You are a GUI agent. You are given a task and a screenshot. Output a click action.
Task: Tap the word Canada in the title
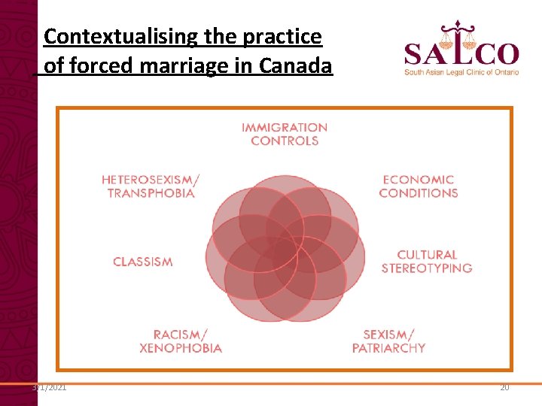295,66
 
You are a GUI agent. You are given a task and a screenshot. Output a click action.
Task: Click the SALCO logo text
461,54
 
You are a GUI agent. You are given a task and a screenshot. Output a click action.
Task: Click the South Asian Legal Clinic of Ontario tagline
461,72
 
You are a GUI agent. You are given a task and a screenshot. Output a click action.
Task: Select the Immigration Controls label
285,134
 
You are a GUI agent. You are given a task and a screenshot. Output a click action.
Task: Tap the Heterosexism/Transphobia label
151,186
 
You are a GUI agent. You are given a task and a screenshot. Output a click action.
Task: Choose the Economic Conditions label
419,186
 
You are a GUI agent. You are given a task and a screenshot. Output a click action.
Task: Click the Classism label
142,262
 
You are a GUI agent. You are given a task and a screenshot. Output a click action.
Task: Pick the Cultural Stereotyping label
426,262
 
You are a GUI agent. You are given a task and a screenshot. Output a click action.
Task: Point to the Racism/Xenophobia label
181,341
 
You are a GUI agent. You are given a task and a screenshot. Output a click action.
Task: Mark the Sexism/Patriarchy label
388,341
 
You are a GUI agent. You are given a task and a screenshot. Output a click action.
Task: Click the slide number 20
504,387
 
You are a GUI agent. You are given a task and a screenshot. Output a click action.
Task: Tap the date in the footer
49,387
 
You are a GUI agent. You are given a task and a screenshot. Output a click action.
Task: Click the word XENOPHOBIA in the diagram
181,348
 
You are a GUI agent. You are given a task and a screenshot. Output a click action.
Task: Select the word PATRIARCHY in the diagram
388,348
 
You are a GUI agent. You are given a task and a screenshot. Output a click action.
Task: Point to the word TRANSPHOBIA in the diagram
151,193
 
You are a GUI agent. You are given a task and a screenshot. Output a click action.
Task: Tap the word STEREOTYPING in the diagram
426,268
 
